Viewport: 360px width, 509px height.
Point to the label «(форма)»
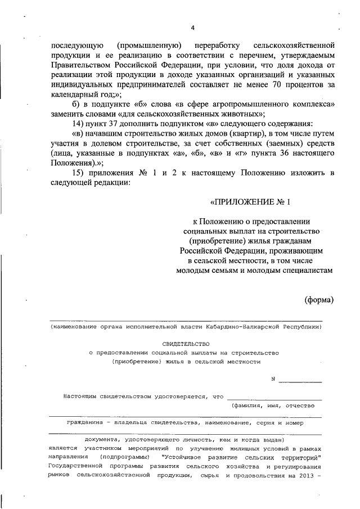click(319, 299)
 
